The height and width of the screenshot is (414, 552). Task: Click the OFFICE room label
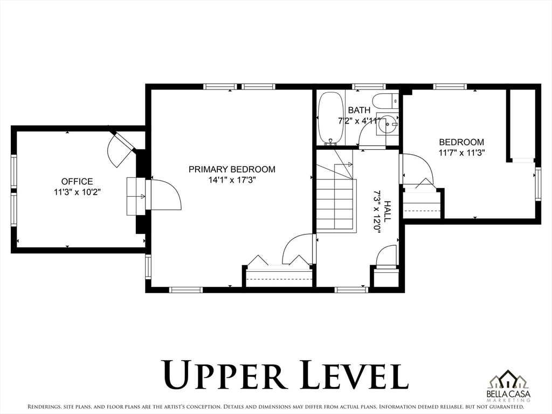coord(77,181)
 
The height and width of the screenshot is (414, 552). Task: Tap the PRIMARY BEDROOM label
coord(232,169)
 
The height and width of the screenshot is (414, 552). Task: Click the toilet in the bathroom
coord(385,101)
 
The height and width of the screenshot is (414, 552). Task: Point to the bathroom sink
coord(387,123)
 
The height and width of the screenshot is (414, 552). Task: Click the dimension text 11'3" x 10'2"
coord(77,192)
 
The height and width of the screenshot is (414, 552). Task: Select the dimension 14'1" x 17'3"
coord(232,180)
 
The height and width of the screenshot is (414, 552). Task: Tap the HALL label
coord(387,211)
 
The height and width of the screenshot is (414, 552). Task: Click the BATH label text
coord(359,110)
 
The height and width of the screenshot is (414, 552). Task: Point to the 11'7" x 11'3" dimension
coord(461,153)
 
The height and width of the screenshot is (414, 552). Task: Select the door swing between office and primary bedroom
coord(166,195)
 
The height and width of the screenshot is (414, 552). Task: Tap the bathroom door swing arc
coord(367,135)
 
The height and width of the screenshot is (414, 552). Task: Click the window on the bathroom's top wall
coord(369,86)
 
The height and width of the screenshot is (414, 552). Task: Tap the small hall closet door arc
coord(385,255)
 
